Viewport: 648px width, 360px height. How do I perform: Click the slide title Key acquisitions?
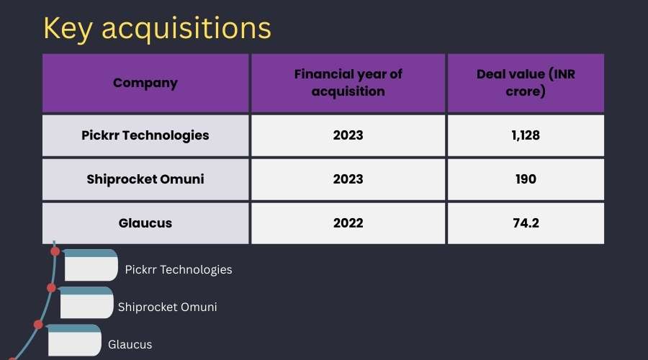[x=157, y=29]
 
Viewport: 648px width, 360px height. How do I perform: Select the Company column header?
[x=145, y=83]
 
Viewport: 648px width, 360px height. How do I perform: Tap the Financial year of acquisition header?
[x=348, y=83]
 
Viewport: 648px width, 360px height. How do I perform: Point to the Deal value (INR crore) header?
[x=526, y=83]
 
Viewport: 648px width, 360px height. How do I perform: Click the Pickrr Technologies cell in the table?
[x=145, y=135]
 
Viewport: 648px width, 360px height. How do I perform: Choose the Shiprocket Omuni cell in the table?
[x=145, y=179]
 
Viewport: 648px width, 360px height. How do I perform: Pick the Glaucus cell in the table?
[x=145, y=223]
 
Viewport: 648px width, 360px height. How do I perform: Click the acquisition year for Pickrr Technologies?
[x=348, y=135]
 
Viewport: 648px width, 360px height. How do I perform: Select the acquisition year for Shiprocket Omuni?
[x=348, y=179]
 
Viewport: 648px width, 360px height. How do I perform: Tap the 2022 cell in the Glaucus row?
[x=348, y=223]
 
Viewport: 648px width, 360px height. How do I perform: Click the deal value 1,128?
[x=526, y=135]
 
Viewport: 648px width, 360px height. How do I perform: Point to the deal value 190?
[x=526, y=179]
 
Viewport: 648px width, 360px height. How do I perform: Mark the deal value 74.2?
[x=526, y=223]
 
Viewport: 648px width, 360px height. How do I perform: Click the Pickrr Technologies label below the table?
[x=179, y=270]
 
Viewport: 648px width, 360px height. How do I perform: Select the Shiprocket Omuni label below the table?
[x=167, y=307]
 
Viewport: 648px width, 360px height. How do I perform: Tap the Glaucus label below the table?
[x=130, y=345]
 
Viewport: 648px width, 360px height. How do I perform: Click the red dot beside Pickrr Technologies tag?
[x=55, y=251]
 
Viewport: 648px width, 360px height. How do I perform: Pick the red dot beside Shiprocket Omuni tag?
[x=51, y=288]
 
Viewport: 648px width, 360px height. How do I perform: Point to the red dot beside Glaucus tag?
[x=38, y=325]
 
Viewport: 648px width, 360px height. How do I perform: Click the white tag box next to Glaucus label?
[x=74, y=340]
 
